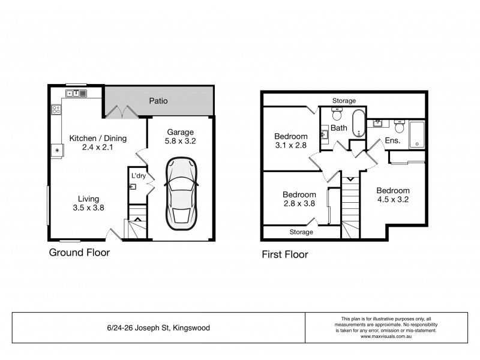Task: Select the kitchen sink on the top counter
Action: click(77, 93)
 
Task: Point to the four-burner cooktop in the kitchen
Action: click(56, 109)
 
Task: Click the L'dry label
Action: click(138, 175)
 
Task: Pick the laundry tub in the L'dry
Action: click(133, 187)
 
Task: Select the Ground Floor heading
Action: click(79, 253)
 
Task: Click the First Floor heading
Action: click(284, 254)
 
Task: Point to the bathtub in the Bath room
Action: click(358, 124)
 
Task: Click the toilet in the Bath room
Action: click(336, 114)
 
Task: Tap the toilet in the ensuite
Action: click(399, 127)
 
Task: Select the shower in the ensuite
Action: click(417, 134)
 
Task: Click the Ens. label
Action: click(392, 141)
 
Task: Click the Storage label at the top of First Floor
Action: click(344, 101)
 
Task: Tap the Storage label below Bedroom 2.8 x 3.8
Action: click(301, 232)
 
